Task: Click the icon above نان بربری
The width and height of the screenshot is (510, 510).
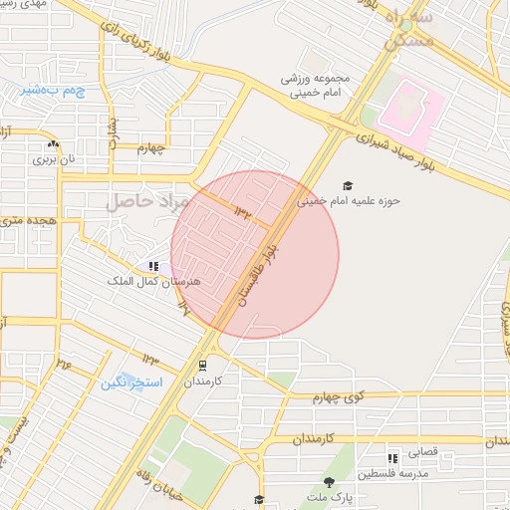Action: pyautogui.click(x=52, y=144)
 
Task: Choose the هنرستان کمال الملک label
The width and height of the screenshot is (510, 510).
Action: pyautogui.click(x=154, y=282)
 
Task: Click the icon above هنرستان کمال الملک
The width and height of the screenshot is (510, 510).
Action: pyautogui.click(x=153, y=266)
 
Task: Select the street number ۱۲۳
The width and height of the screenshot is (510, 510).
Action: pyautogui.click(x=150, y=358)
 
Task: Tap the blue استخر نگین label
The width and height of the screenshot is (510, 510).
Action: pyautogui.click(x=131, y=382)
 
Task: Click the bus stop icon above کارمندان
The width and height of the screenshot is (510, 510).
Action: pyautogui.click(x=203, y=366)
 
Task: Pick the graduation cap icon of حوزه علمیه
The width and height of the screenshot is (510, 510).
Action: pyautogui.click(x=348, y=186)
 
